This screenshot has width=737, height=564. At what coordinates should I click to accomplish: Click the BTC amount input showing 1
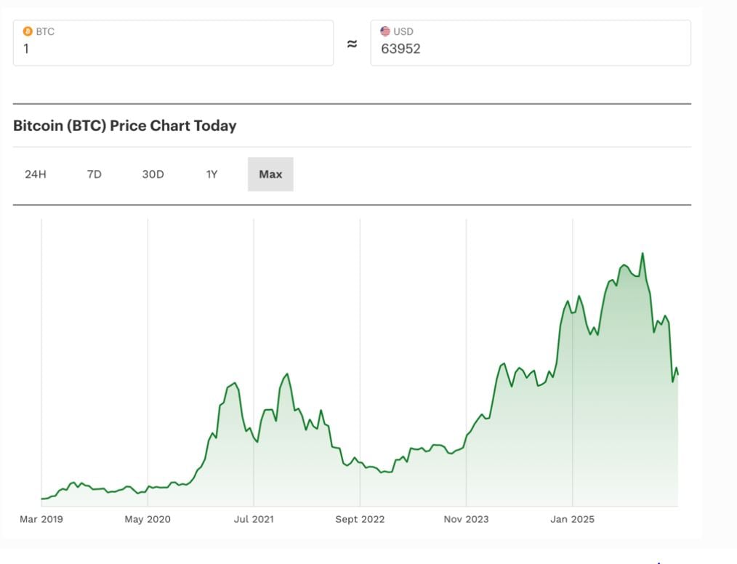(173, 49)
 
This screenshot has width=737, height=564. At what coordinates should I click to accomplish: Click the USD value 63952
(400, 49)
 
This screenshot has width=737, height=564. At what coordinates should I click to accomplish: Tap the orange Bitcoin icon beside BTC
(28, 31)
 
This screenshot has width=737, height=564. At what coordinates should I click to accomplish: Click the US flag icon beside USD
(385, 31)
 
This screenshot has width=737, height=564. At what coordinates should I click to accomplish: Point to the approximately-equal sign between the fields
(352, 44)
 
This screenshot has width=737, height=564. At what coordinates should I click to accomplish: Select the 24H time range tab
(36, 174)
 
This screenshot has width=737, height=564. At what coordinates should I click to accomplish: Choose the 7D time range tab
(94, 174)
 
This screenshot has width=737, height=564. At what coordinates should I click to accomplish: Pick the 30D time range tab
(153, 174)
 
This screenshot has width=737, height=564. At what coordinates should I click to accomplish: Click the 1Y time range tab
(212, 174)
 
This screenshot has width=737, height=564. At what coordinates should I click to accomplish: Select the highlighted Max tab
(270, 174)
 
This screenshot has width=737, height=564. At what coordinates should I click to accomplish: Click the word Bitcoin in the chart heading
(38, 126)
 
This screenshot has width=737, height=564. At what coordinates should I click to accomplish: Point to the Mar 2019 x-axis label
(41, 519)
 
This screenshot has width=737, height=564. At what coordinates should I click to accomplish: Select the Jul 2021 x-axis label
(253, 519)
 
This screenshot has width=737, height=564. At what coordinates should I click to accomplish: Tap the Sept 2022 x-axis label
(360, 519)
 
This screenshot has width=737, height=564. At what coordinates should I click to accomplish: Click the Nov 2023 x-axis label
(466, 519)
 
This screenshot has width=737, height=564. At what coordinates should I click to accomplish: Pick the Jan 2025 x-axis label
(572, 519)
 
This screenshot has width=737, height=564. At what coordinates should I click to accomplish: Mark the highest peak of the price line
(643, 254)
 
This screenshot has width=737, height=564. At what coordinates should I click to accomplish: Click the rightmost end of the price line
(678, 374)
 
